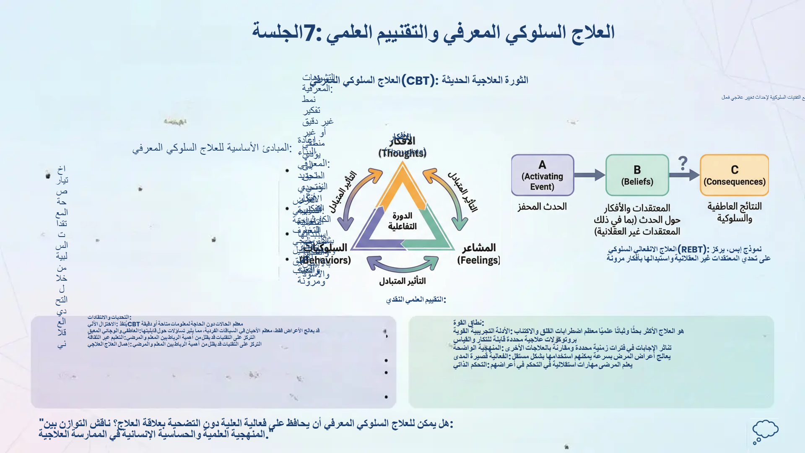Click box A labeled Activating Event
coord(542,175)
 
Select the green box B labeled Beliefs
coord(637,175)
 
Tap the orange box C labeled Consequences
coord(734,175)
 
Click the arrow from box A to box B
coord(589,175)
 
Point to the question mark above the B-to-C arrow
coord(683,163)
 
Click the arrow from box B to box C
coord(684,175)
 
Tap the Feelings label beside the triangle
coord(478,254)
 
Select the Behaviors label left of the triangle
coord(326,254)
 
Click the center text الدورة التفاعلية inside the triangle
coord(402,221)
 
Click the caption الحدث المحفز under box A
coord(542,207)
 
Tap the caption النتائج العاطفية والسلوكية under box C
coord(734,212)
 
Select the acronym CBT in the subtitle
coord(418,81)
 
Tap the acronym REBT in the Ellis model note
coord(691,250)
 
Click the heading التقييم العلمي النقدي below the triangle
coord(415,300)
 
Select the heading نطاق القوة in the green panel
coord(468,323)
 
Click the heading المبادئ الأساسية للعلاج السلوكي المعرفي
coord(212,148)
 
